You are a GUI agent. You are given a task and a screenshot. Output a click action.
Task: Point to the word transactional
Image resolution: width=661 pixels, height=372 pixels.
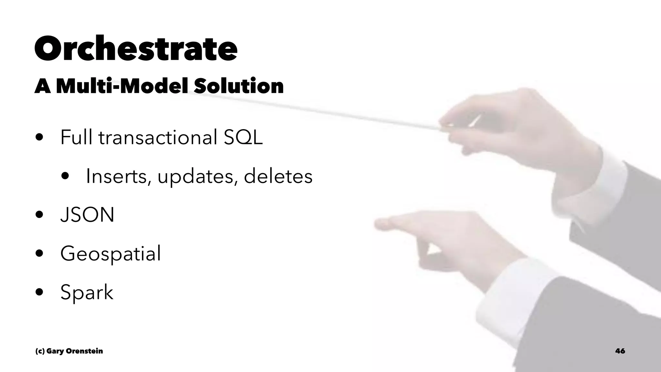[158, 137]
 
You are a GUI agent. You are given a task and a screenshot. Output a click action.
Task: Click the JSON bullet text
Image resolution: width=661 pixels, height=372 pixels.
[87, 215]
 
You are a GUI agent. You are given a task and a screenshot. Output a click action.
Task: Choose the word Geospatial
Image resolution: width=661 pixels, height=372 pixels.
[110, 254]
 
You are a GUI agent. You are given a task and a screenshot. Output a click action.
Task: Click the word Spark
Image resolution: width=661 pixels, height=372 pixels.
[86, 293]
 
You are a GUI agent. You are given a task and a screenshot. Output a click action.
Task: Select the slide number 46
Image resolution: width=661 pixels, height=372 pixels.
[620, 351]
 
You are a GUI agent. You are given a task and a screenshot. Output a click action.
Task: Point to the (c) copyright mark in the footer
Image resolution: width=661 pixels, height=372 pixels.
[40, 351]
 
